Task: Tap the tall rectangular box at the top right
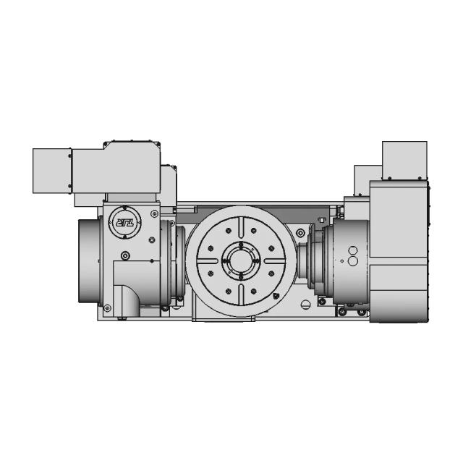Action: coord(404,159)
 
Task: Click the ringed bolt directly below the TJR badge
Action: coord(127,255)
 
